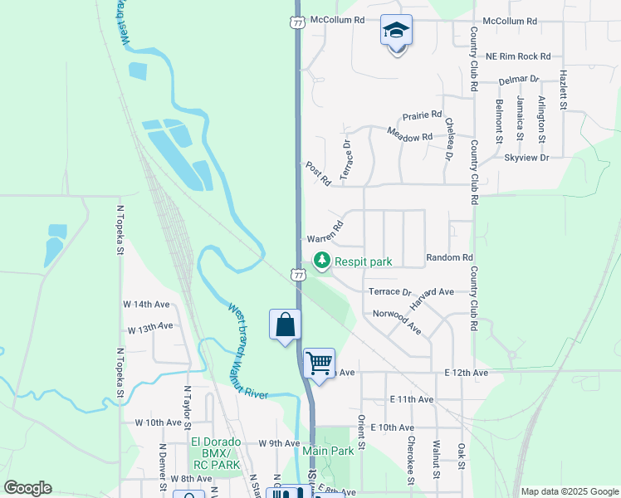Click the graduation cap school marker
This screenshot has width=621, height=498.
coord(397,32)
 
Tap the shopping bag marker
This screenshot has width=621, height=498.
coord(285,324)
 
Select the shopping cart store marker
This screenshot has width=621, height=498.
coord(319,363)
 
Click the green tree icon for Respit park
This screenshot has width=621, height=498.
coord(322,261)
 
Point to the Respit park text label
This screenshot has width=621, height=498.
coord(363,261)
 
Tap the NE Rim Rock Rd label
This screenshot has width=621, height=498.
coord(518,56)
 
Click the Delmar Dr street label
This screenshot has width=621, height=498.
coord(519,81)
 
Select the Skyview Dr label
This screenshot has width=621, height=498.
coord(526,157)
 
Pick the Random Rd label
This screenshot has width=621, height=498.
coord(449,258)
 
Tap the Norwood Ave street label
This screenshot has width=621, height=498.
coord(397,322)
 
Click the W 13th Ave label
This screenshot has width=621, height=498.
coord(149,329)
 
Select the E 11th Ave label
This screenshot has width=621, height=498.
coord(412,399)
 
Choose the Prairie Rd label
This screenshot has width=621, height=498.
coord(422,116)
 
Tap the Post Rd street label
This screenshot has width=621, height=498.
coord(318,173)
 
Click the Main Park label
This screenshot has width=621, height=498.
coord(322,451)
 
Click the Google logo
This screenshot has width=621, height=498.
coord(27,488)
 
